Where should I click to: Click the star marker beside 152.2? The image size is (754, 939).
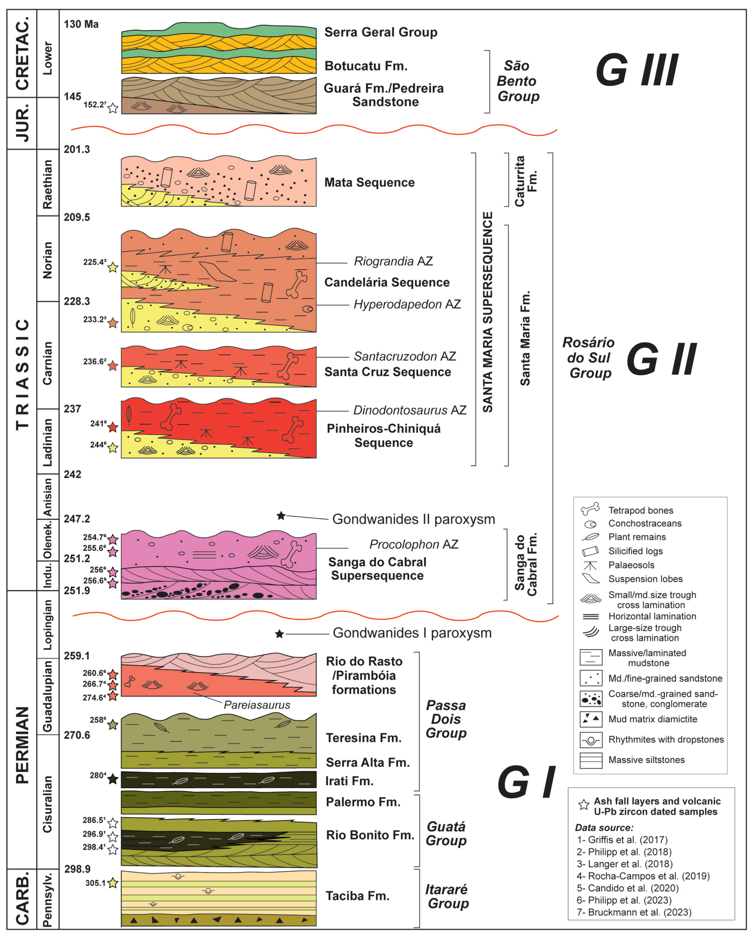pyautogui.click(x=113, y=108)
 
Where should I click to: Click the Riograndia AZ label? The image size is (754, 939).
pyautogui.click(x=393, y=261)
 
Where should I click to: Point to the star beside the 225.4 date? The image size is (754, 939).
pyautogui.click(x=113, y=267)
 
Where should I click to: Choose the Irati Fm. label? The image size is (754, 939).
pyautogui.click(x=349, y=781)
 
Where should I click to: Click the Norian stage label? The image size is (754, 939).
pyautogui.click(x=47, y=260)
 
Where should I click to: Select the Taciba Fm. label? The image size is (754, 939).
pyautogui.click(x=357, y=896)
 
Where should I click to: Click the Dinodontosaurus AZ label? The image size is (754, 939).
pyautogui.click(x=409, y=410)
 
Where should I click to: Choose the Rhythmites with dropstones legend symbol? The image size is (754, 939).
pyautogui.click(x=591, y=740)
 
